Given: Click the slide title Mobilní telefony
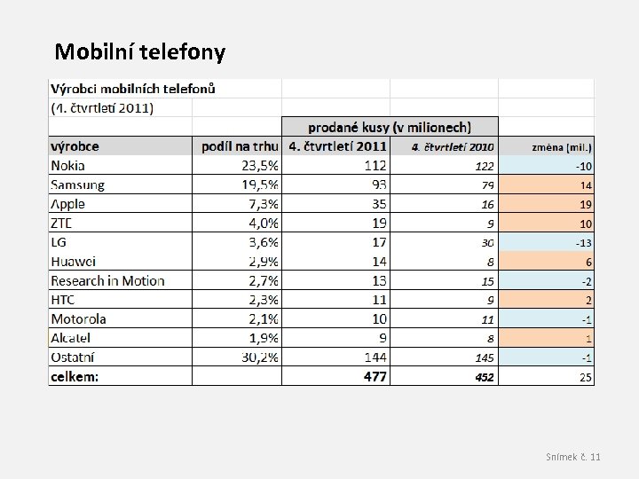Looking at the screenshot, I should pos(140,52).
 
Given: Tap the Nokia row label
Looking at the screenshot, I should pos(68,165).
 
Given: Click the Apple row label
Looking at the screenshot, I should pos(67,204).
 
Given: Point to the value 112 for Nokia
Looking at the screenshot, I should pos(375,165).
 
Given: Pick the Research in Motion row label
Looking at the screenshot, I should pos(107,280).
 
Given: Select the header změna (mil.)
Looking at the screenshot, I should pos(562,147).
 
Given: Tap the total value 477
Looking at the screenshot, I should pos(375,376).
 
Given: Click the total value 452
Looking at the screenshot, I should pos(484,376).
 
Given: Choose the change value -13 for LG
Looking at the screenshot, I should pos(583,242).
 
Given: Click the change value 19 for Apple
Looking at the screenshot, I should pos(586,204).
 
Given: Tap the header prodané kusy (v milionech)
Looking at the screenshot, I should pos(390,128).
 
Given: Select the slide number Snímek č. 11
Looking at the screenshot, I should pos(572,456).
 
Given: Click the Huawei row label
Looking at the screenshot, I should pos(73,261).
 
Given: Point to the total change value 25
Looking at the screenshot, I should pos(586,376).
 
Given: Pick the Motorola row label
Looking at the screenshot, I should pos(78,318).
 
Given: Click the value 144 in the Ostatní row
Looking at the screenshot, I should pos(375,357).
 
